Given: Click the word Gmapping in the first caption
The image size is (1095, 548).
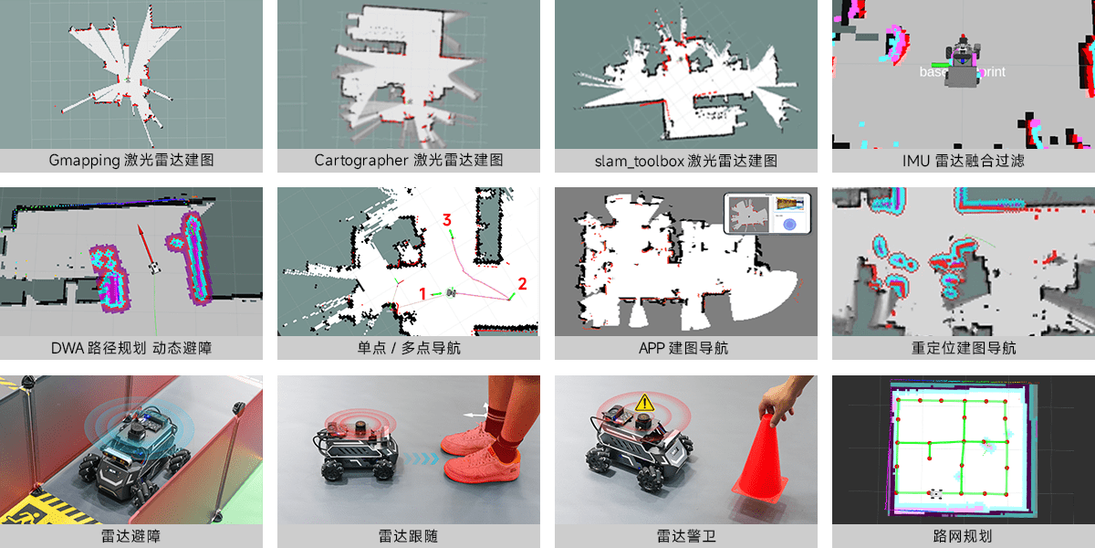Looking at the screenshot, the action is [84, 161].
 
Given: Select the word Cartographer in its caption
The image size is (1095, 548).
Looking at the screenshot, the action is [360, 161].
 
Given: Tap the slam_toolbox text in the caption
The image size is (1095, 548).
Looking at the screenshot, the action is [639, 161].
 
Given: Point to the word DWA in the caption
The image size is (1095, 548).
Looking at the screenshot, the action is [68, 348].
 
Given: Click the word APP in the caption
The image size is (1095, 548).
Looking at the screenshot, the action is [652, 348].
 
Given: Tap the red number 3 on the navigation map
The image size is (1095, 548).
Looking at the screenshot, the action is [446, 220].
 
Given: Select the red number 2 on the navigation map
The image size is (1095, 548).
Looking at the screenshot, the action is [522, 284].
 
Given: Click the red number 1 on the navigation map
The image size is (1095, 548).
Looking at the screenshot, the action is [422, 293].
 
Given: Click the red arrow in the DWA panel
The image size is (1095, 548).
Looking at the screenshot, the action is [146, 248].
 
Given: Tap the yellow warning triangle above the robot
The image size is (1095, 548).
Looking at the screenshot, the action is [645, 403].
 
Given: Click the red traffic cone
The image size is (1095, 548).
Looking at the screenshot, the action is [759, 458].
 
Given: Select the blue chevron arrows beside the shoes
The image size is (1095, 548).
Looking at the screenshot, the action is [422, 458].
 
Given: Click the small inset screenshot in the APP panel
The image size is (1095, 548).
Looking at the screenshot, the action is [767, 214].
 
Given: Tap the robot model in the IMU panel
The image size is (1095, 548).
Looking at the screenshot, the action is [962, 62].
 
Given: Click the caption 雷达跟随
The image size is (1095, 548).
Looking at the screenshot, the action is [408, 536].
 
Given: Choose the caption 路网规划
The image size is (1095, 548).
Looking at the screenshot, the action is [963, 536].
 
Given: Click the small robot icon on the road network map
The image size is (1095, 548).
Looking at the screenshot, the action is [935, 494].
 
